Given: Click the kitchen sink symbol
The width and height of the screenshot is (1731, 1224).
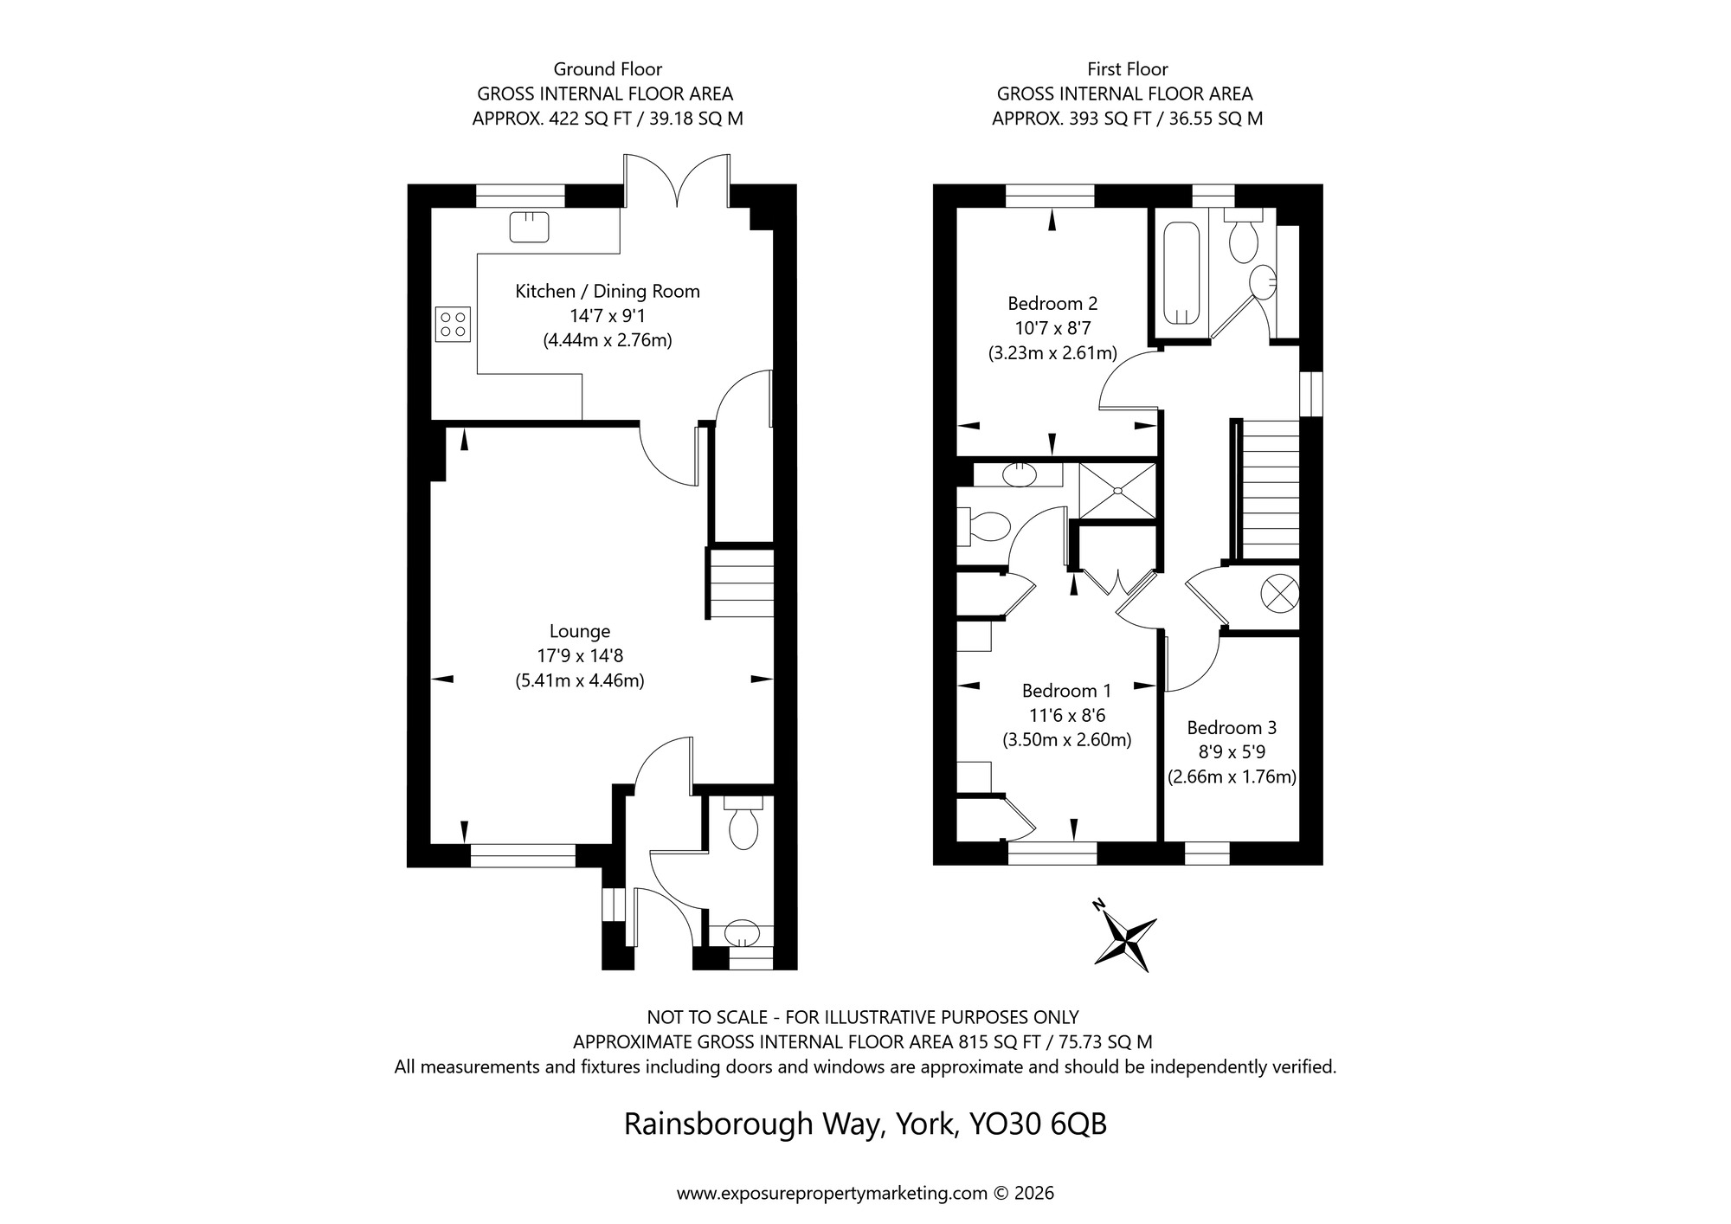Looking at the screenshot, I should tap(529, 227).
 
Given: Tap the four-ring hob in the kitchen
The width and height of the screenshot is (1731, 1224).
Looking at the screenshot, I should tap(454, 325).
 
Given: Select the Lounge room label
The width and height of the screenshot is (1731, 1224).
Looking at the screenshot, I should tap(580, 631).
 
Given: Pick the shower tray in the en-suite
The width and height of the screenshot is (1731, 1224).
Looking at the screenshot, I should tap(1117, 491).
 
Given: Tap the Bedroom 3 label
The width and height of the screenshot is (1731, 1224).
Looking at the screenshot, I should tap(1232, 728).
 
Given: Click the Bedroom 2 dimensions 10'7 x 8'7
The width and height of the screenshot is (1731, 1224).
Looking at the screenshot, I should tap(1052, 328).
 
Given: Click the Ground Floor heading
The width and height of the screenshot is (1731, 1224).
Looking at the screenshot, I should tap(608, 69).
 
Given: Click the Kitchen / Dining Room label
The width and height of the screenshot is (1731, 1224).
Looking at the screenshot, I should tap(608, 292).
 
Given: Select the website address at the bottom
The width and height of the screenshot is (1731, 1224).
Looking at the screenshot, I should tap(832, 1193).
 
